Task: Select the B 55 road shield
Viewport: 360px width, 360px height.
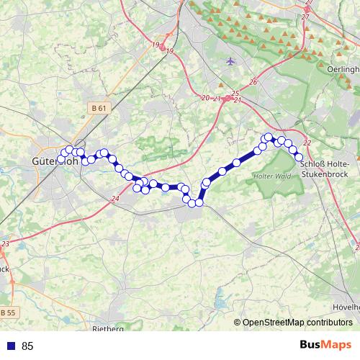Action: click(x=7, y=312)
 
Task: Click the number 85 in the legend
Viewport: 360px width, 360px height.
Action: click(x=28, y=346)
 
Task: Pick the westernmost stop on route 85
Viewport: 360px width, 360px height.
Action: click(x=61, y=158)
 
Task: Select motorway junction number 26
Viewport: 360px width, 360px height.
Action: click(x=253, y=82)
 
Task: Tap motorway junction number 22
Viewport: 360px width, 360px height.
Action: click(x=307, y=143)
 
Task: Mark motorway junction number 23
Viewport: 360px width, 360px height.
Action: click(x=6, y=245)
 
